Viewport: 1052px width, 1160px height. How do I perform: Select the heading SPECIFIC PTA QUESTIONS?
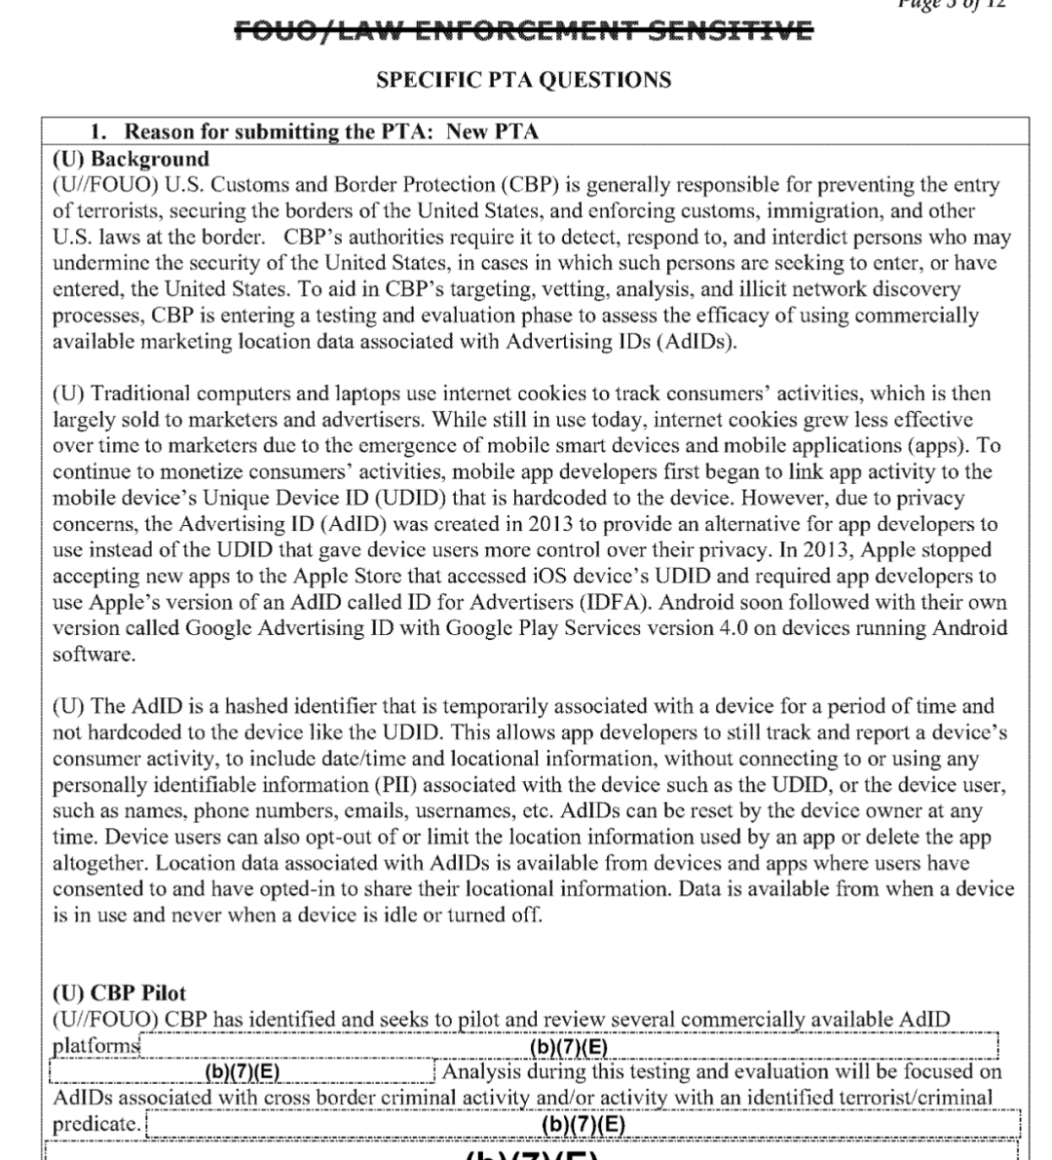pyautogui.click(x=523, y=80)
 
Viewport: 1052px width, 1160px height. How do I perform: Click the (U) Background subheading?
pyautogui.click(x=131, y=159)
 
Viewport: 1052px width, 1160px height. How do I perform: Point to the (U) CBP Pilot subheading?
pyautogui.click(x=119, y=993)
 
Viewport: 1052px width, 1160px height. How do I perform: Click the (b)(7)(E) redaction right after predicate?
pyautogui.click(x=582, y=1125)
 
